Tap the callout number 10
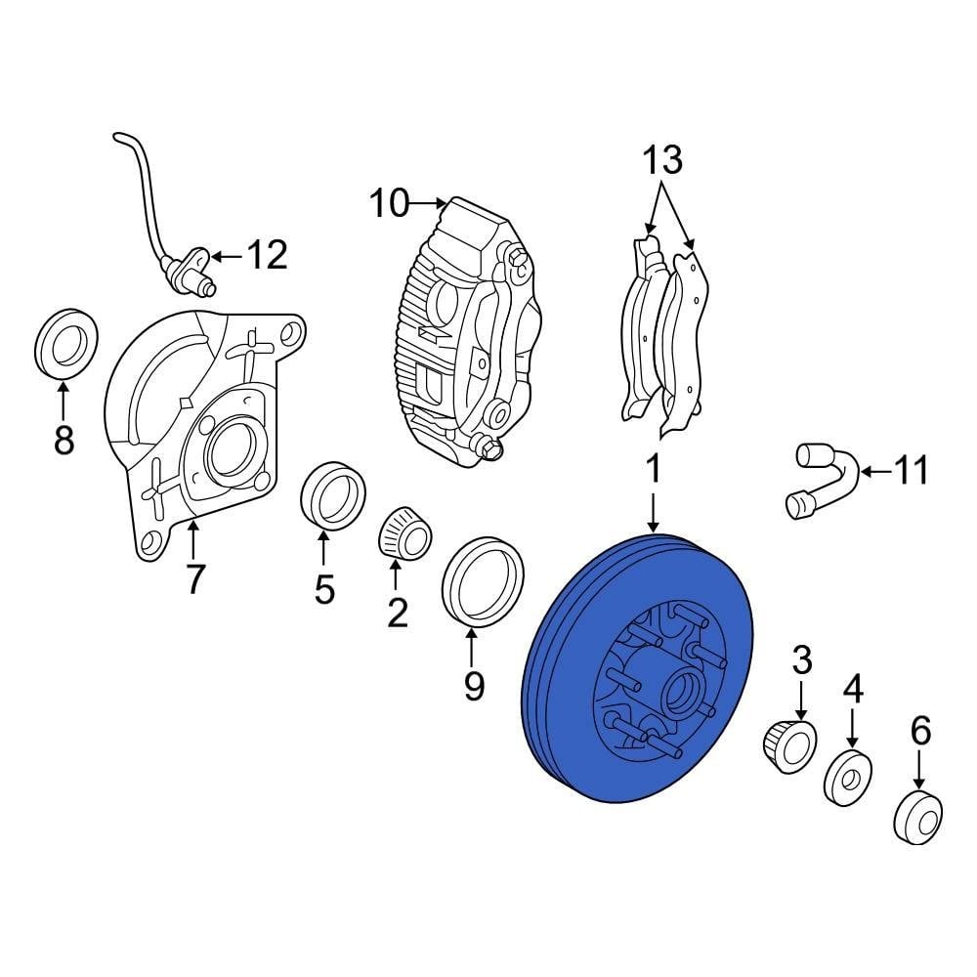pos(390,203)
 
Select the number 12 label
pos(268,255)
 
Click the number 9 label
pos(474,687)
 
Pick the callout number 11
pos(911,471)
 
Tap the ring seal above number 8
pos(66,342)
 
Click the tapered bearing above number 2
pos(405,534)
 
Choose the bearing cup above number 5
pos(333,496)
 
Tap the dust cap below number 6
pos(917,818)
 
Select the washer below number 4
pos(847,779)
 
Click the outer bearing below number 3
pos(789,746)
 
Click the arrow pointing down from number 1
pos(653,512)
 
